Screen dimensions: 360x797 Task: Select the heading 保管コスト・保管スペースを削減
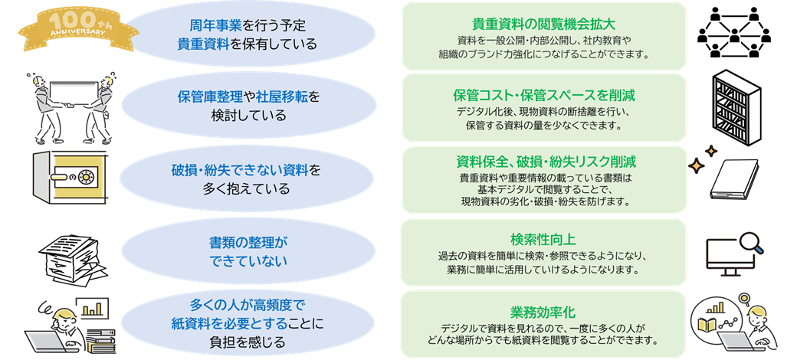tap(544, 95)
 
